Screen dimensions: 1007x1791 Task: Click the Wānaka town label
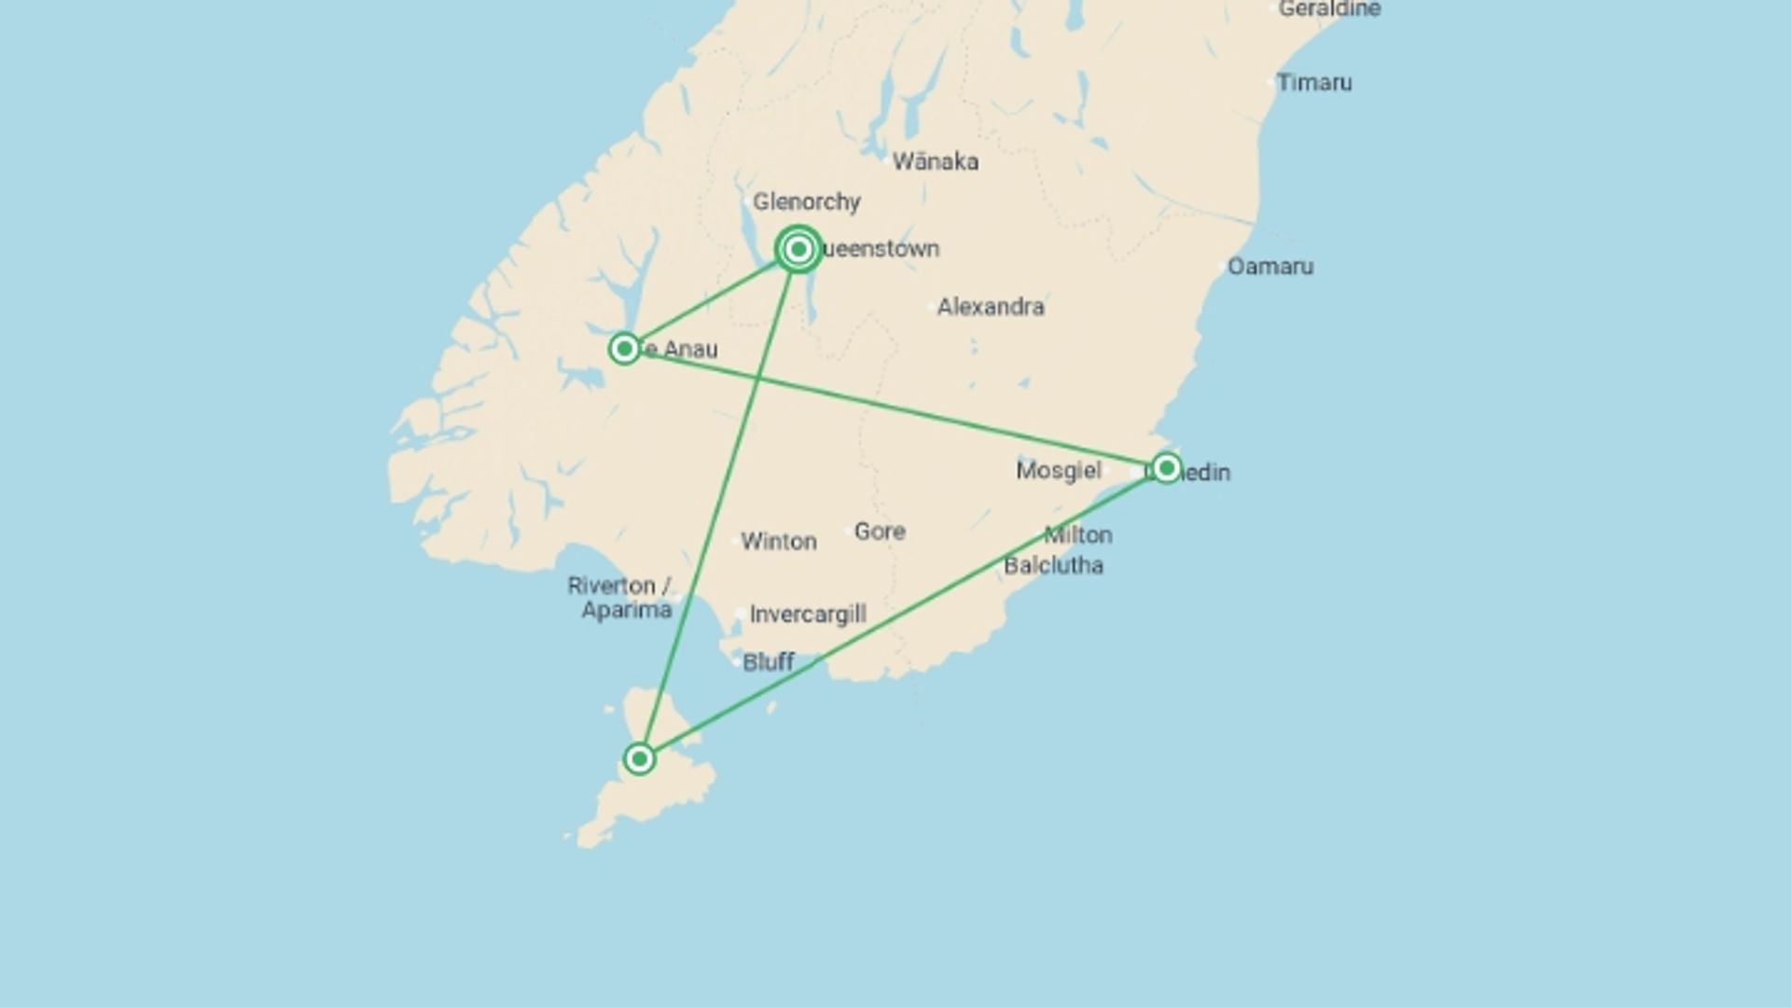click(x=935, y=162)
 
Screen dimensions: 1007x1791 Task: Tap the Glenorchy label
click(x=807, y=201)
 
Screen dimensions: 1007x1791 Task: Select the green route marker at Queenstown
click(x=798, y=249)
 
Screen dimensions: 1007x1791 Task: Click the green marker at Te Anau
click(x=624, y=349)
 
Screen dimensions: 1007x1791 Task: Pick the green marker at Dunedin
click(x=1166, y=468)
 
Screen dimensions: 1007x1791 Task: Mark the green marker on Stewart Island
click(x=639, y=759)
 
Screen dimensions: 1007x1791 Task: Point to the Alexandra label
click(x=991, y=307)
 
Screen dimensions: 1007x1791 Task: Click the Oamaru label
click(x=1270, y=267)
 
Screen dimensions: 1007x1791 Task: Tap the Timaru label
click(x=1314, y=83)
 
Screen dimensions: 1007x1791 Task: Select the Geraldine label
click(x=1329, y=9)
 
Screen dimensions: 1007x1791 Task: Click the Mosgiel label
click(x=1058, y=470)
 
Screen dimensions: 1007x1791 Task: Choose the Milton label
click(x=1078, y=535)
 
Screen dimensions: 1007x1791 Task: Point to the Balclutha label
click(x=1053, y=566)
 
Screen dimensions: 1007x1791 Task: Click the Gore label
click(x=880, y=531)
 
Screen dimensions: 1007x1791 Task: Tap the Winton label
click(x=779, y=542)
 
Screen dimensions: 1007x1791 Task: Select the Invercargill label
click(x=808, y=614)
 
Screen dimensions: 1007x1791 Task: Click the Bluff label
click(x=768, y=662)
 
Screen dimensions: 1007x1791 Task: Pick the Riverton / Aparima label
click(x=620, y=598)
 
